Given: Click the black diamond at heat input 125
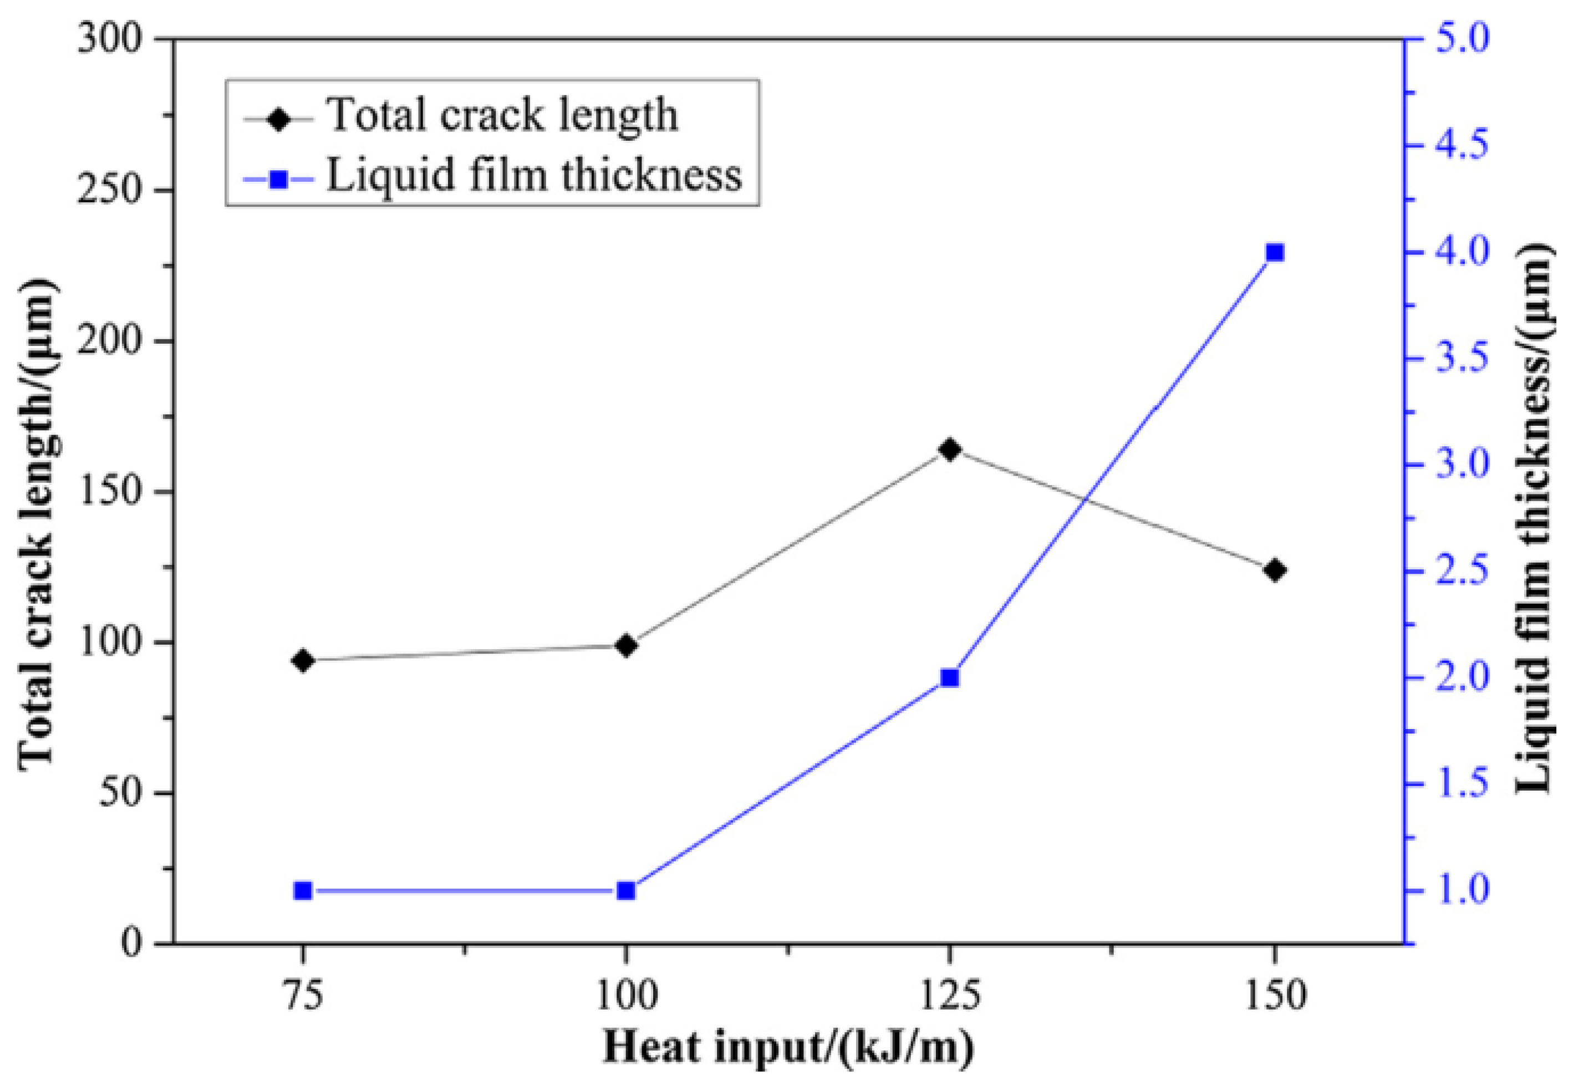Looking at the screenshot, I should (950, 450).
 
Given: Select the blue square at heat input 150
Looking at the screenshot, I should (1274, 253).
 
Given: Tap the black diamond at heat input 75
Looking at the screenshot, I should (303, 660).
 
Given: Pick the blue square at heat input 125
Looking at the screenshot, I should (950, 678).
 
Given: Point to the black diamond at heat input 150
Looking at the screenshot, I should (1274, 570).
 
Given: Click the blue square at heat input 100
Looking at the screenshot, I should (626, 891).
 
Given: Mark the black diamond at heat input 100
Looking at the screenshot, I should (626, 645).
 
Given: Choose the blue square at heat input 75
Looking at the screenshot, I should (303, 891).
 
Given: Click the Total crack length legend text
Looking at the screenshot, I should (503, 115).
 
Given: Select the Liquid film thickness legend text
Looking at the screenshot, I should (534, 175).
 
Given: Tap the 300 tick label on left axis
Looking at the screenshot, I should (110, 39).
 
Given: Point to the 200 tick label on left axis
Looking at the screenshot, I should (110, 341).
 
